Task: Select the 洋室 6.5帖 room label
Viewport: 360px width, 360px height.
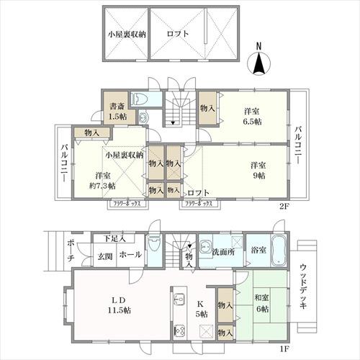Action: point(252,116)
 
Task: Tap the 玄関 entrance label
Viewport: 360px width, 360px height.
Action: point(104,255)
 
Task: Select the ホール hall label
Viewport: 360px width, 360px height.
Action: point(130,255)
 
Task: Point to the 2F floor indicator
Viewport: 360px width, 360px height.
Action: point(286,204)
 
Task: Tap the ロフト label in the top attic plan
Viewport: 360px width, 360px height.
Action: point(176,33)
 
